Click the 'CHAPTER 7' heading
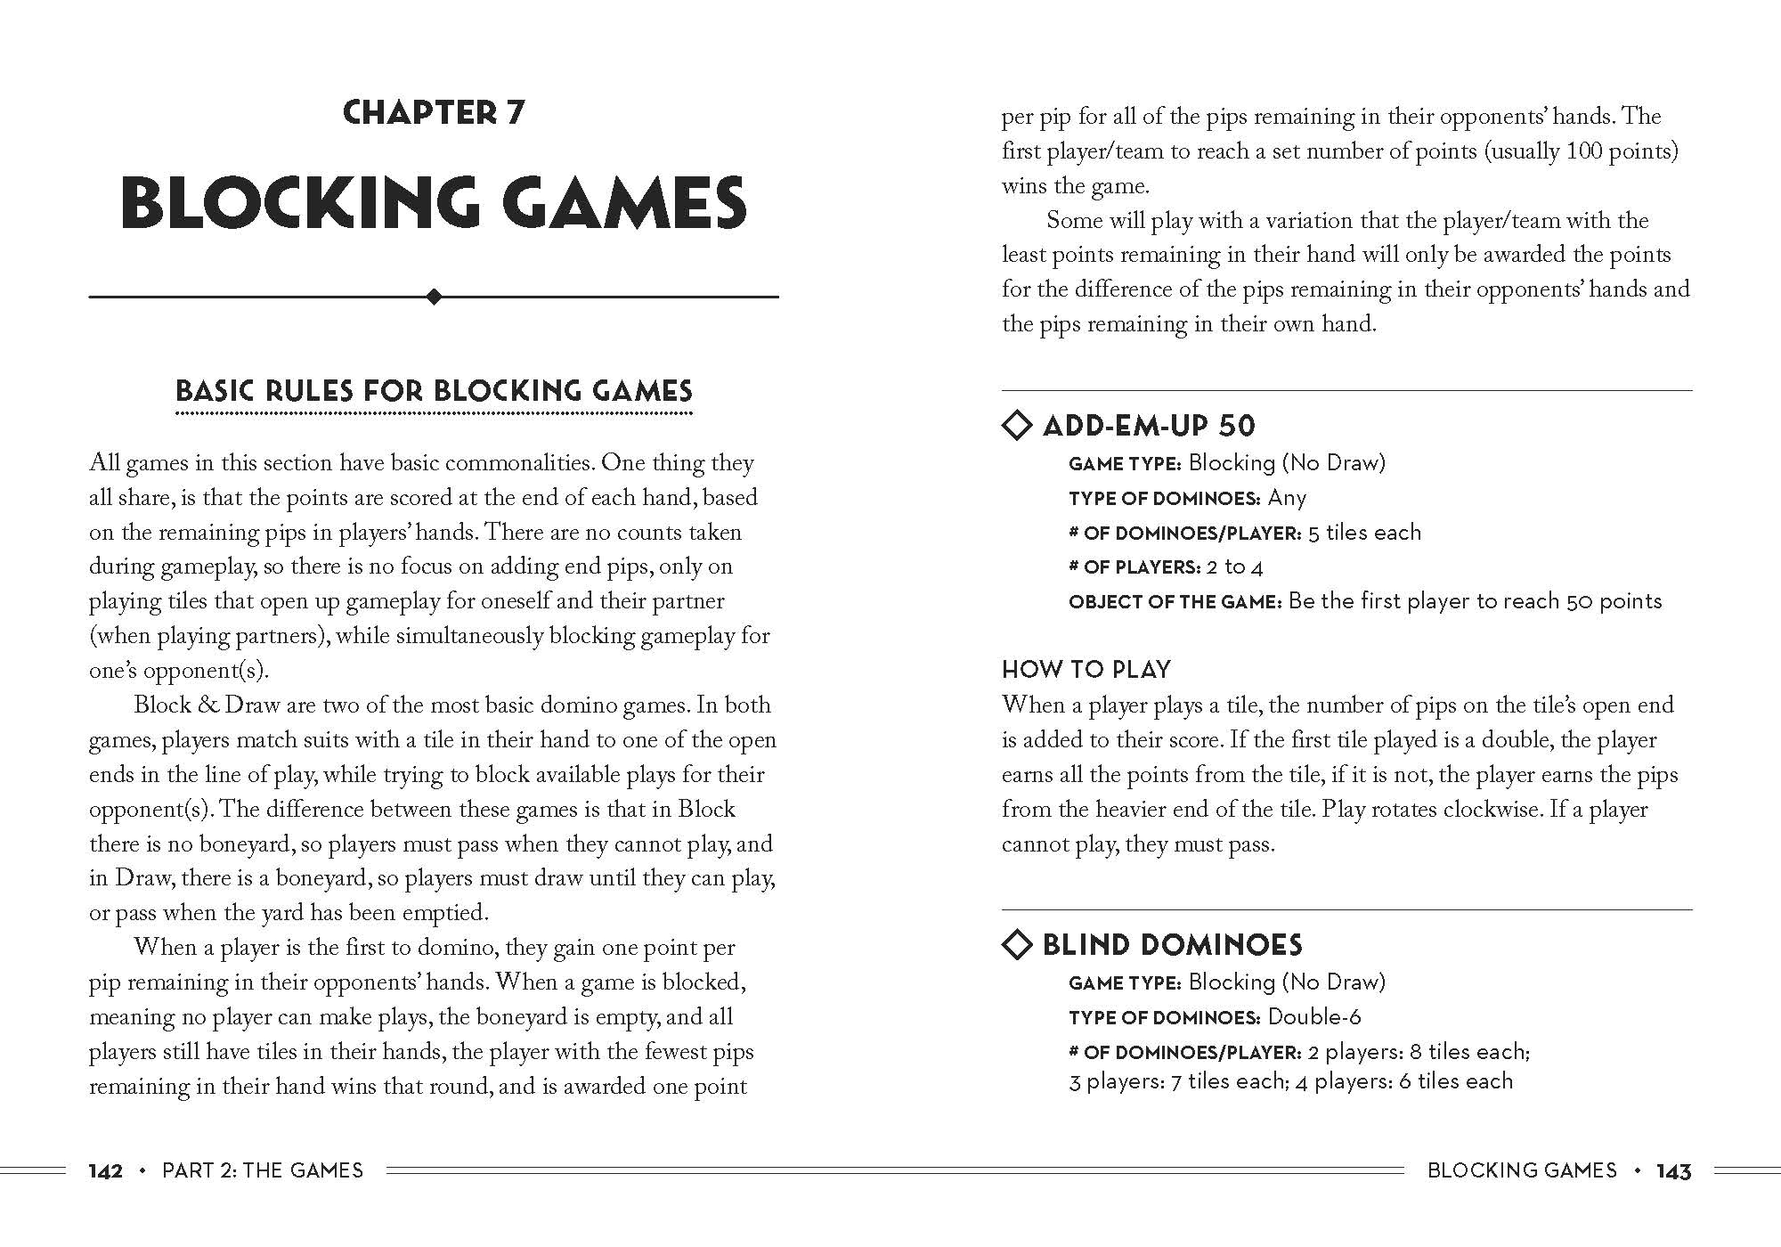coord(434,113)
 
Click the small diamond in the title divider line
coord(434,297)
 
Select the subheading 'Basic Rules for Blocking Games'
coord(434,391)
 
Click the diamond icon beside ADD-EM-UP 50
coord(1017,425)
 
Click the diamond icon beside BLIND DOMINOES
coord(1017,944)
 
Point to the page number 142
coord(105,1170)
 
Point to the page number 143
coord(1673,1171)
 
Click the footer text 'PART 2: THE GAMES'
coord(263,1170)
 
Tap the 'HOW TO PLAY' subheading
coord(1086,670)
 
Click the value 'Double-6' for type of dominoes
coord(1314,1016)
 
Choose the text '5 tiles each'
coord(1364,533)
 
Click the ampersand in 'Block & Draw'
coord(208,705)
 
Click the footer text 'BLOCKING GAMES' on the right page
coord(1522,1170)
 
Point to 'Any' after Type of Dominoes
coord(1287,498)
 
